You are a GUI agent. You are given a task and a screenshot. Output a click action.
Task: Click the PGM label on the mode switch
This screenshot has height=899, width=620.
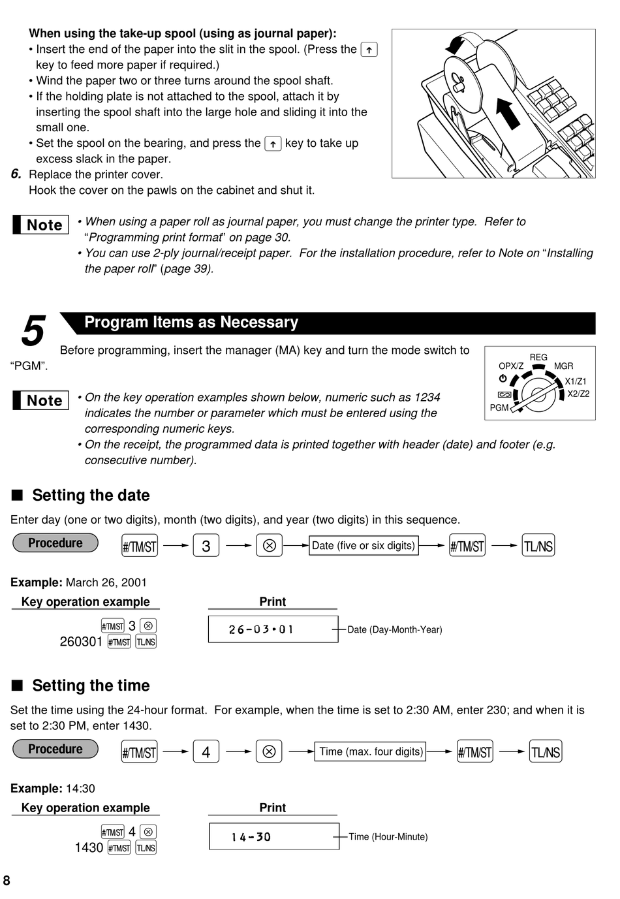coord(499,408)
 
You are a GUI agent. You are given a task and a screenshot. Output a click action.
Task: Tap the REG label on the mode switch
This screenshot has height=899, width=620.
coord(538,357)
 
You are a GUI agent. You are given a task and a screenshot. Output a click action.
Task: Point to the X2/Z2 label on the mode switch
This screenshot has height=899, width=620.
coord(578,394)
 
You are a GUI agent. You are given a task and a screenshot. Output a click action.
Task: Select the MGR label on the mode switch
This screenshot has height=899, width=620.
coord(563,366)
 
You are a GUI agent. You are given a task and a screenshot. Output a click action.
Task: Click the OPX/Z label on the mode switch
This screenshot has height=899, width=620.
coord(511,366)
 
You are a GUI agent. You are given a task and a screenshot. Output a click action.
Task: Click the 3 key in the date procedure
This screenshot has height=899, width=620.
coord(206,545)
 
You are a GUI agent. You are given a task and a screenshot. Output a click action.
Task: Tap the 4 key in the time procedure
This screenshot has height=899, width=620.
coord(206,751)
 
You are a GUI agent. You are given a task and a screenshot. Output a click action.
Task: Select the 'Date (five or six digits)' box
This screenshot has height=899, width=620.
coord(364,545)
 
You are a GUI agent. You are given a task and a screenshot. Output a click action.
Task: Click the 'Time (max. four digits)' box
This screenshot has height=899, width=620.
coord(370,751)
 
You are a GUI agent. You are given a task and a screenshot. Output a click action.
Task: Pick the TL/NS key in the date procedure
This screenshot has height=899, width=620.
coord(538,545)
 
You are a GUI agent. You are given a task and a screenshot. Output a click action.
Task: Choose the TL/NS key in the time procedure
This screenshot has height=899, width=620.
coord(546,751)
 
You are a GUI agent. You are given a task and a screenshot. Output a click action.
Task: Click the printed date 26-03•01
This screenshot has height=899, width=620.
coord(261,629)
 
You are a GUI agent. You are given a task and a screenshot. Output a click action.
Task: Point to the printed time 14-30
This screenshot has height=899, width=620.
coord(251,837)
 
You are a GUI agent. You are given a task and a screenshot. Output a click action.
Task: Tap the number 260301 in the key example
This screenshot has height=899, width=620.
coord(81,642)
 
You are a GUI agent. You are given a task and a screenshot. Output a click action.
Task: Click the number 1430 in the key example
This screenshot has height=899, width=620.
coord(89,848)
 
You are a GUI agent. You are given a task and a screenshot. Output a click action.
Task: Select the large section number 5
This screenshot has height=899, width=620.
coord(33,330)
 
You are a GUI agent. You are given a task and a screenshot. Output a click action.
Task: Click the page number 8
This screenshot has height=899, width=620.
coord(7,881)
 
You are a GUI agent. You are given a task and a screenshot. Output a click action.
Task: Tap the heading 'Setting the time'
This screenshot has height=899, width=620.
coord(91,686)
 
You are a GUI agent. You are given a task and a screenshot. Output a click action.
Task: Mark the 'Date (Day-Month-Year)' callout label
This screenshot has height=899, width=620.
coord(395,629)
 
